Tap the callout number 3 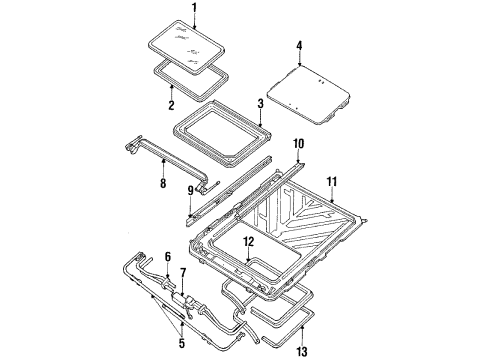pos(259,103)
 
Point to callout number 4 pos(299,45)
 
